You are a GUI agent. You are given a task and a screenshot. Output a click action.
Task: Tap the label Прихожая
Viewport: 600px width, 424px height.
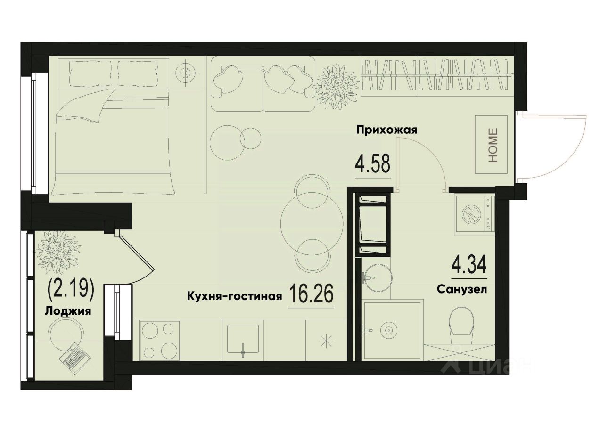(387, 130)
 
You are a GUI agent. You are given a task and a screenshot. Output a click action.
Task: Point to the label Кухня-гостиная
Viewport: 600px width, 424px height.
(235, 296)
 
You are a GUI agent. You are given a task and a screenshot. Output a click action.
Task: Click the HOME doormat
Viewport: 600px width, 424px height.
(493, 145)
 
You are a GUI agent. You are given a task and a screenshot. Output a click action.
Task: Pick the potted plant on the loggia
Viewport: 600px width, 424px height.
(58, 250)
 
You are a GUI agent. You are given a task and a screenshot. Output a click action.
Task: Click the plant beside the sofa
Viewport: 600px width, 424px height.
(336, 84)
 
